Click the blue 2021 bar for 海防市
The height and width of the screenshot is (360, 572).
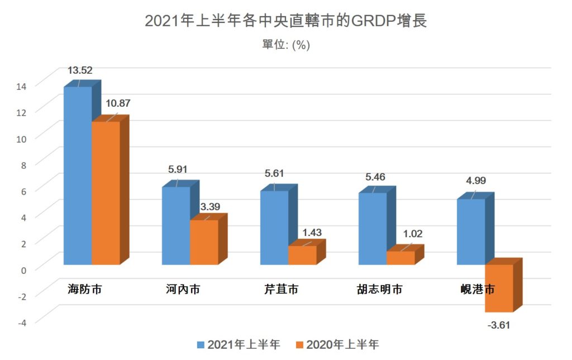click(x=78, y=176)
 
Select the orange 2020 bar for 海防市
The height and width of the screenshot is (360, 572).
click(x=106, y=193)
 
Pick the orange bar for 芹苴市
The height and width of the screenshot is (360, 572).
click(x=302, y=255)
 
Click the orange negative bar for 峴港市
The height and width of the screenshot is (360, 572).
click(x=499, y=288)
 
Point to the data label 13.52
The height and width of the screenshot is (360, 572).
click(x=80, y=70)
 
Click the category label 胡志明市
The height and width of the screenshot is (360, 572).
click(x=379, y=290)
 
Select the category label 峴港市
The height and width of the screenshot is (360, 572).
click(x=478, y=290)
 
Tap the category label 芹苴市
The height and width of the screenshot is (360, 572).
click(x=281, y=290)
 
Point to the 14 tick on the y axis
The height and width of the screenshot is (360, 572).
click(x=22, y=86)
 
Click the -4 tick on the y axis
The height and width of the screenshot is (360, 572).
click(x=21, y=321)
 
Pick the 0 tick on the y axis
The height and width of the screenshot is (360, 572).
click(x=24, y=269)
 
